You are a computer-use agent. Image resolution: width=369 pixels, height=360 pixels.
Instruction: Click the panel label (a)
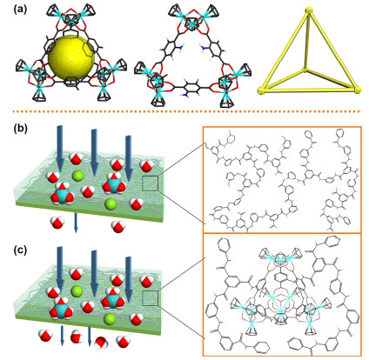point(20,10)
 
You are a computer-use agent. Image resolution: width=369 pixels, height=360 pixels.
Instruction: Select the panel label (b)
point(20,128)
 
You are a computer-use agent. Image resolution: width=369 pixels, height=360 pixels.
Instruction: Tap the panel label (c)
point(20,250)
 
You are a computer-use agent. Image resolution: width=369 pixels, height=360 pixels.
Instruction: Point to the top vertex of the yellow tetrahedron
point(309,11)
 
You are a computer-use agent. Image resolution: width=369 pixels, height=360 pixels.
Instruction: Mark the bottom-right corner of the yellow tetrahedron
point(358,90)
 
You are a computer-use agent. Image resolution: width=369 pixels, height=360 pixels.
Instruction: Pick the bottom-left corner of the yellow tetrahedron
point(261,91)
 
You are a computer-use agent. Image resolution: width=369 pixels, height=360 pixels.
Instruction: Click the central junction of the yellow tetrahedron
point(305,69)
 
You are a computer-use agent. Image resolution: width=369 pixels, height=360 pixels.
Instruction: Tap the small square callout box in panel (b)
point(151,183)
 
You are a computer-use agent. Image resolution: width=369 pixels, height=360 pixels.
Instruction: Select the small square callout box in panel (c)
point(151,298)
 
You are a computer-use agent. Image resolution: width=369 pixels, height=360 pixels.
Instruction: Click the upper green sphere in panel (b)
point(77,176)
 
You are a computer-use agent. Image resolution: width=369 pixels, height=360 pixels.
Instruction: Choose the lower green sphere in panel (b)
point(111,204)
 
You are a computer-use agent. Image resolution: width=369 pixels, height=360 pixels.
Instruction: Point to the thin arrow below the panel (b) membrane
point(76,223)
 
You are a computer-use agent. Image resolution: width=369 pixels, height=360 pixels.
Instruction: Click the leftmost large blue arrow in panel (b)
point(60,148)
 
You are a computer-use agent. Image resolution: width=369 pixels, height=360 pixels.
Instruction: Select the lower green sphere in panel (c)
point(111,318)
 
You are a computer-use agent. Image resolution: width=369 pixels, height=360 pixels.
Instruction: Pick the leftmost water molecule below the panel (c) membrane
point(45,336)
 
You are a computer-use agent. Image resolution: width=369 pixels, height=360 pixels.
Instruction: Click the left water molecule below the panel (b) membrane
point(57,223)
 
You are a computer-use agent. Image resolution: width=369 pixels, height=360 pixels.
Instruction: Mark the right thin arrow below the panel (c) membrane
point(90,337)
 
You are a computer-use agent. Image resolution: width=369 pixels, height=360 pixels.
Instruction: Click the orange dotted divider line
point(187,111)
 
